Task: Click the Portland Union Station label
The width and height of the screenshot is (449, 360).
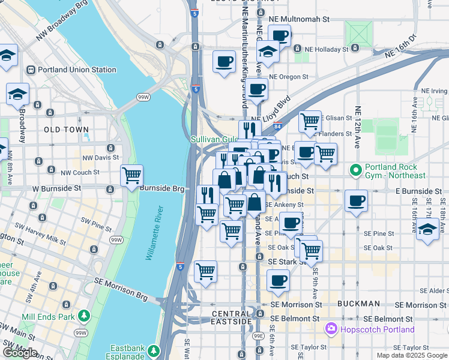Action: (x=77, y=70)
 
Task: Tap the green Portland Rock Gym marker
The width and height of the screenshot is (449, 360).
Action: (x=356, y=171)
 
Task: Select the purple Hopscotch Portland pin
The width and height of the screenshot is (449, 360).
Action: (x=330, y=329)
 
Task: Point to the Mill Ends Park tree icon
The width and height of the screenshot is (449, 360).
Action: (x=83, y=315)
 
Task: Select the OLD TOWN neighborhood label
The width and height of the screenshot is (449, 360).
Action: (x=66, y=129)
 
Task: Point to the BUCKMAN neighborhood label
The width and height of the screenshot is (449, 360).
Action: (x=358, y=304)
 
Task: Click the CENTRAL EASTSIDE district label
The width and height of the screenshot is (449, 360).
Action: (x=232, y=318)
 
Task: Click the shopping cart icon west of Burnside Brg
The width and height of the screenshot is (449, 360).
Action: (x=131, y=176)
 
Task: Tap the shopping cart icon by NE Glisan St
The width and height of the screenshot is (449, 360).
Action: (x=310, y=121)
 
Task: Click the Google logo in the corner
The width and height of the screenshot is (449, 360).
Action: (x=20, y=353)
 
